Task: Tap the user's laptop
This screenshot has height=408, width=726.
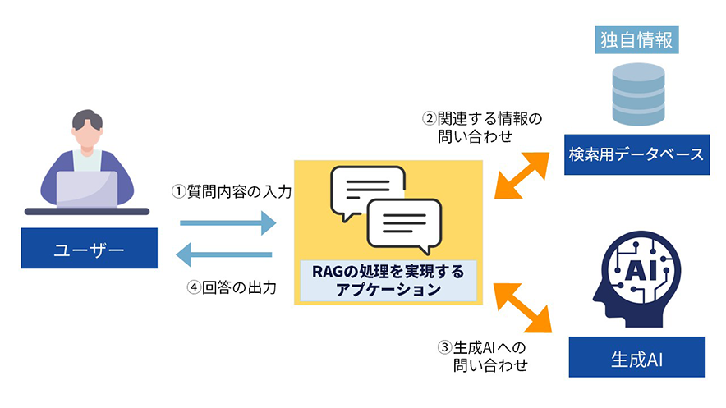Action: click(86, 190)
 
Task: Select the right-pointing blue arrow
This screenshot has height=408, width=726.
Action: click(227, 221)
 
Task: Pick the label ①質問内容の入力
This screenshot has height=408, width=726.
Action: click(232, 191)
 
